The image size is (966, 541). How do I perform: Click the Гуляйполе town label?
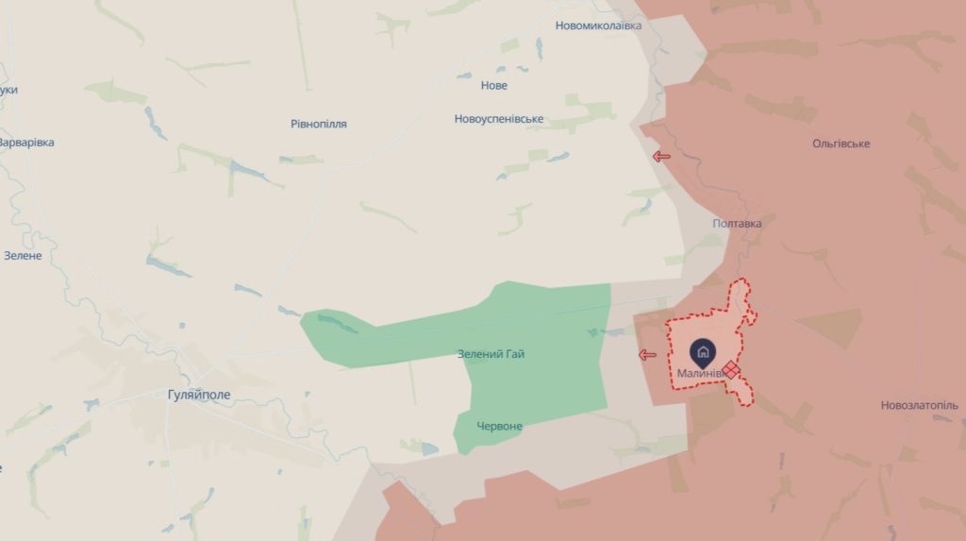click(196, 395)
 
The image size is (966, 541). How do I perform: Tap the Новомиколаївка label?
click(598, 25)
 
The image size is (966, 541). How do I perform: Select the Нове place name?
click(494, 86)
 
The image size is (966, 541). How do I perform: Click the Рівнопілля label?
click(319, 124)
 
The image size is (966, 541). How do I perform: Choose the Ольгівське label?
click(841, 144)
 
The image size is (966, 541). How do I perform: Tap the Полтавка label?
click(737, 224)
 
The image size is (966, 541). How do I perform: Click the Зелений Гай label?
click(491, 354)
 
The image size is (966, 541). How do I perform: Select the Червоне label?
click(499, 426)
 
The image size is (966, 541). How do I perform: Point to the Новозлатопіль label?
click(919, 405)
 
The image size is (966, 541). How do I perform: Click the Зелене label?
click(23, 256)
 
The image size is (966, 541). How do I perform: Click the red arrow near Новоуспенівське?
click(661, 156)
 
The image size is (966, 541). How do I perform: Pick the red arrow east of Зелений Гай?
click(647, 355)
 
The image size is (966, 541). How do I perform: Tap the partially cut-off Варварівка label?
click(26, 143)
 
